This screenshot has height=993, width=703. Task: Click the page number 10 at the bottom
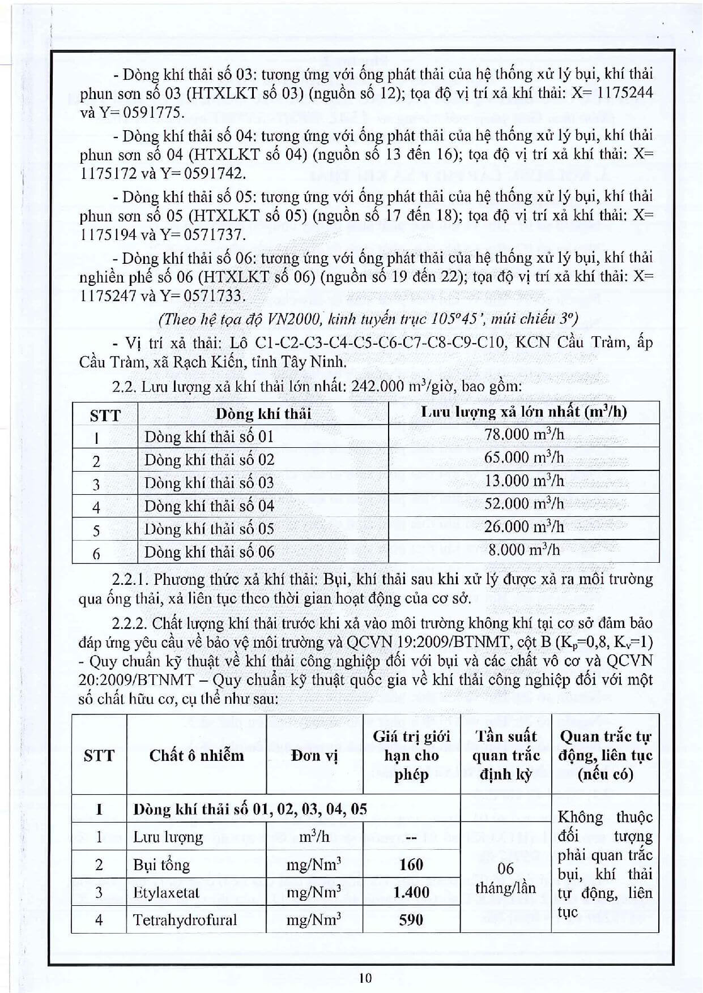(x=365, y=977)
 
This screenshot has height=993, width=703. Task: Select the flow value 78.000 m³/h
(x=524, y=435)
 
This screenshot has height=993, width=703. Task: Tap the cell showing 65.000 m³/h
(x=524, y=458)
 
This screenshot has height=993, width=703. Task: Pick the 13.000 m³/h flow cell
(x=524, y=481)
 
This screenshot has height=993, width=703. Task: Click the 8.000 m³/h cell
(x=524, y=550)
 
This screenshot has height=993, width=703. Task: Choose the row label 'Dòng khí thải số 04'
(x=209, y=506)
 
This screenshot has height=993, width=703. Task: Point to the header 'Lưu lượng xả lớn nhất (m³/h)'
(x=524, y=412)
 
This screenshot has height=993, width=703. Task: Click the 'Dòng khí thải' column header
(x=263, y=413)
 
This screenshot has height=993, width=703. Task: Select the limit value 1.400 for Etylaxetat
(x=411, y=892)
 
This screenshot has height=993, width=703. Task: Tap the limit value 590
(x=411, y=919)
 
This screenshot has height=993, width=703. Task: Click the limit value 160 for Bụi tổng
(x=411, y=864)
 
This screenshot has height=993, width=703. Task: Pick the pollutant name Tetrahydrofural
(x=185, y=919)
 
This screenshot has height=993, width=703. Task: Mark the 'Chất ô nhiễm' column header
(x=197, y=755)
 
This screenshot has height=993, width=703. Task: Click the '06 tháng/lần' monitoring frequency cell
(x=505, y=878)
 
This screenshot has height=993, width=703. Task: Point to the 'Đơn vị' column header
(x=314, y=755)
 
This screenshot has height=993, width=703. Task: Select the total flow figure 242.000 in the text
(x=376, y=387)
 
